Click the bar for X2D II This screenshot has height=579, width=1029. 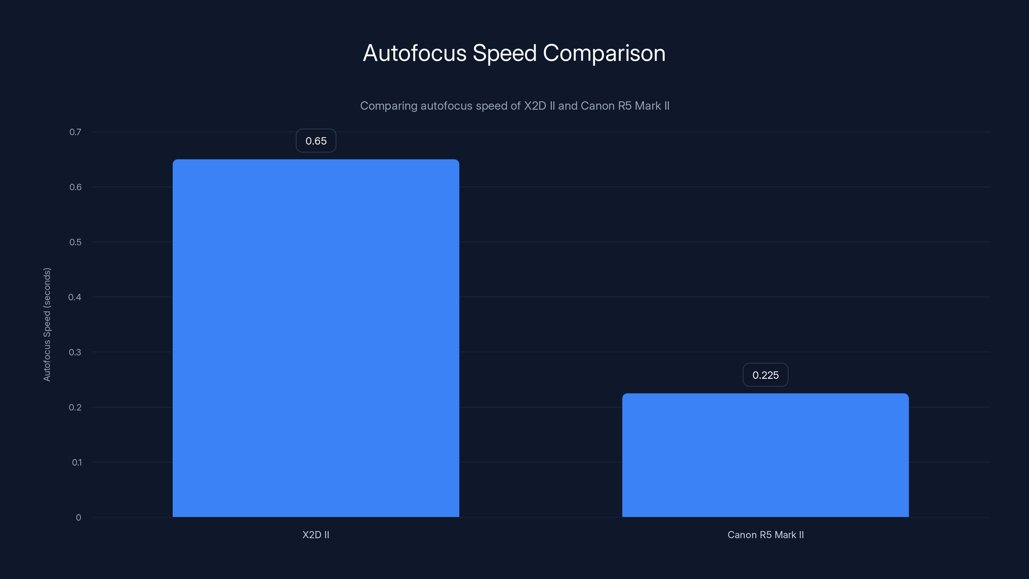point(315,338)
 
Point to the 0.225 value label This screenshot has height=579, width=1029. point(765,375)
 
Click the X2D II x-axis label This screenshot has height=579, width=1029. point(315,535)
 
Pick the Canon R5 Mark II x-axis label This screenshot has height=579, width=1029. point(765,535)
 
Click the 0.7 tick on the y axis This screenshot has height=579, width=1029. point(75,132)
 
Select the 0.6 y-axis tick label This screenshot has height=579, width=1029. point(75,187)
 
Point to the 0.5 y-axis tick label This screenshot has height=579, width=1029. point(75,242)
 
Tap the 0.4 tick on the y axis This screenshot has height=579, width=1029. point(75,297)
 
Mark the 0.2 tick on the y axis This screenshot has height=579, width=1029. point(75,407)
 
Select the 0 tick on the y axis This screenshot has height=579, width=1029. point(78,518)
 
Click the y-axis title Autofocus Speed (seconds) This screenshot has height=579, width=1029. point(47,325)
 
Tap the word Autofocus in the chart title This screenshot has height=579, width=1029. point(414,53)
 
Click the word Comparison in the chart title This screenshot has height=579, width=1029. point(604,53)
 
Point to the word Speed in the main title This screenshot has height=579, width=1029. point(504,53)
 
